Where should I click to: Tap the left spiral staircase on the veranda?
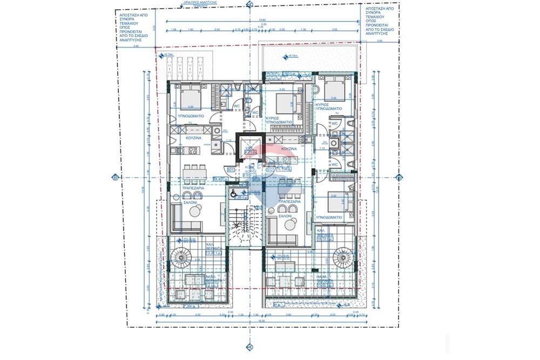(x=180, y=257)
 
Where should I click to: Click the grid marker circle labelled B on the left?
(x=114, y=177)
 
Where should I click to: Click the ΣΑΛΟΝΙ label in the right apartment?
(x=285, y=215)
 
